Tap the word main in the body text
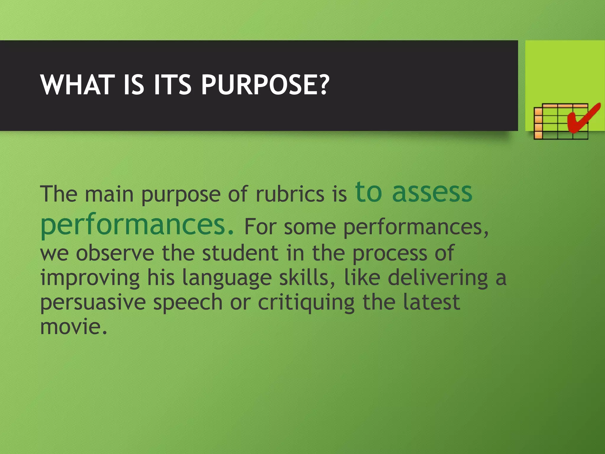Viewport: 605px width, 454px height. coord(109,194)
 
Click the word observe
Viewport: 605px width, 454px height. coord(115,253)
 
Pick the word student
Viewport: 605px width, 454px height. coord(240,253)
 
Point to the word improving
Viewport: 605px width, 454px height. coord(90,278)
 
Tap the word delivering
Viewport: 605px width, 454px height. coord(438,278)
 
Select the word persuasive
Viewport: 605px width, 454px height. coord(93,303)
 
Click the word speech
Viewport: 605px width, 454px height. coord(188,303)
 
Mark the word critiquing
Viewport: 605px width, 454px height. coord(306,303)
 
